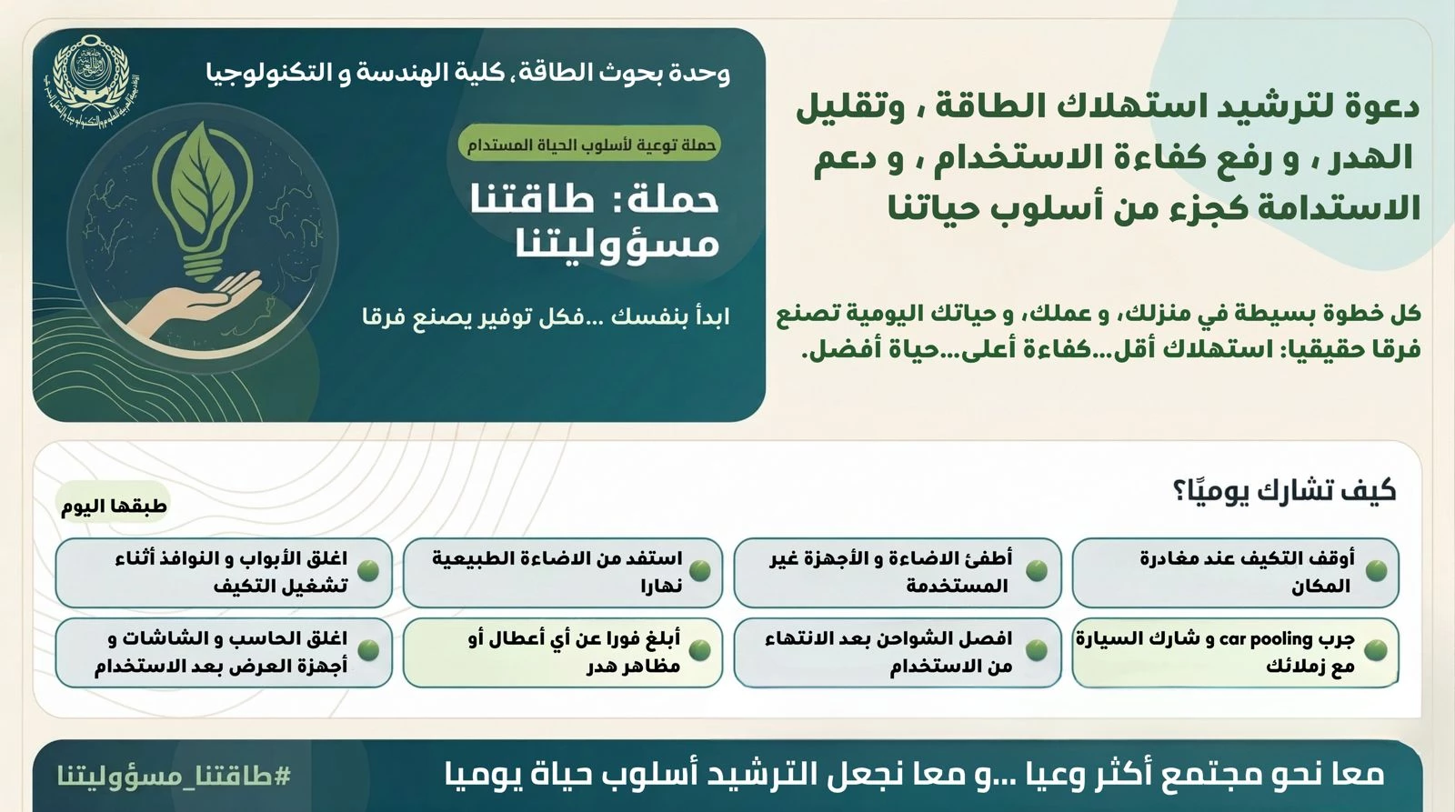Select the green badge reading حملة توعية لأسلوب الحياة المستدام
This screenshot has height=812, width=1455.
coord(590,144)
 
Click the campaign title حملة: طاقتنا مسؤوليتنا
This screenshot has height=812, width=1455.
coord(595,221)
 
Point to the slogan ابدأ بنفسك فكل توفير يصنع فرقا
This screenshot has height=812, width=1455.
coord(546,317)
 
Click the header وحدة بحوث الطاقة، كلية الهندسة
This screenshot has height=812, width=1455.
coord(468,73)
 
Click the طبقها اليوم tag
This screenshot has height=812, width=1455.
coord(114,506)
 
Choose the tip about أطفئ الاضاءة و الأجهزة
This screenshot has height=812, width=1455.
coord(897,572)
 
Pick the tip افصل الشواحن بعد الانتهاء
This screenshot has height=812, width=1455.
coord(897,652)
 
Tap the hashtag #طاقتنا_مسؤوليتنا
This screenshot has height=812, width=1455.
coord(174,776)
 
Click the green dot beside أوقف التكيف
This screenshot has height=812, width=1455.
coord(1376,571)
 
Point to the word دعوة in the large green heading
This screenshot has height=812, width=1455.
coord(1370,107)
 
